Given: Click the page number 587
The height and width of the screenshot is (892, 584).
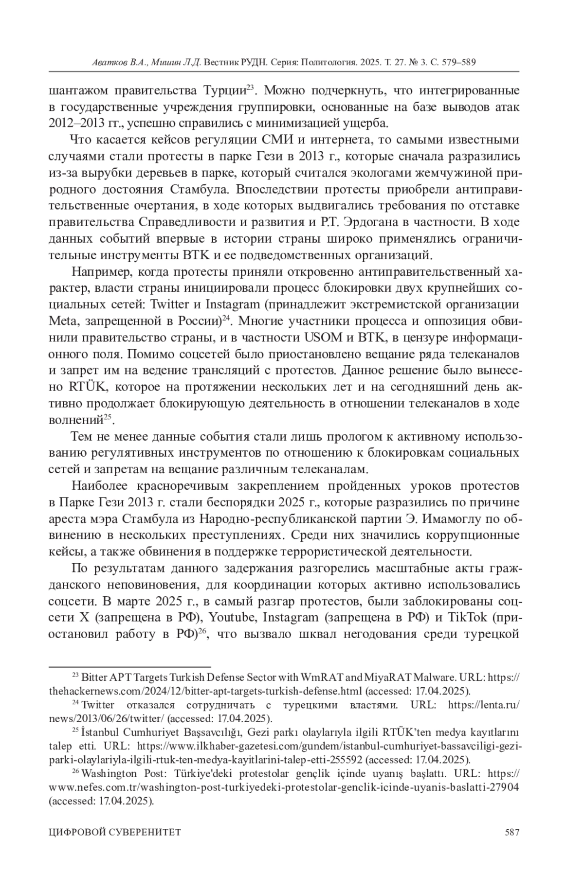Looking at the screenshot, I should [x=512, y=832].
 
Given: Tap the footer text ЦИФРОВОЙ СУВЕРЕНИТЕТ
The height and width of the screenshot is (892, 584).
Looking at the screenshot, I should [x=115, y=832].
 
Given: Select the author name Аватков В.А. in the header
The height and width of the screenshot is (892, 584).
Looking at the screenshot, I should [x=116, y=63].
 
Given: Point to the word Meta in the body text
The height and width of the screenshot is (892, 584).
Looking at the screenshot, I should [x=61, y=321].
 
